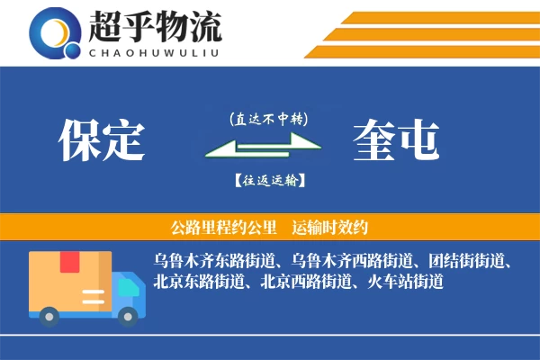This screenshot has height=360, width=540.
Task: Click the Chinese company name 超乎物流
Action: point(155,27)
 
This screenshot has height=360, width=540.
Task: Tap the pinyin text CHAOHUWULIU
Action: point(155,51)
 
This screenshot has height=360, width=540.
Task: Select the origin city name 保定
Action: point(101,139)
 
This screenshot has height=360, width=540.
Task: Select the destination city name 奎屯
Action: point(396,139)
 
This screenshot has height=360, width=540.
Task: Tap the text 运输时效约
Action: point(332,226)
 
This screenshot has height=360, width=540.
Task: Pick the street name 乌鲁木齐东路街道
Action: point(211,261)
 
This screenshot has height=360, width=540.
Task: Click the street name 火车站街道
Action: point(406,282)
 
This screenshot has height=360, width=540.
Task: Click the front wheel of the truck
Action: point(130,316)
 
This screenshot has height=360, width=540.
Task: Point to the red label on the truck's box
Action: point(70,262)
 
